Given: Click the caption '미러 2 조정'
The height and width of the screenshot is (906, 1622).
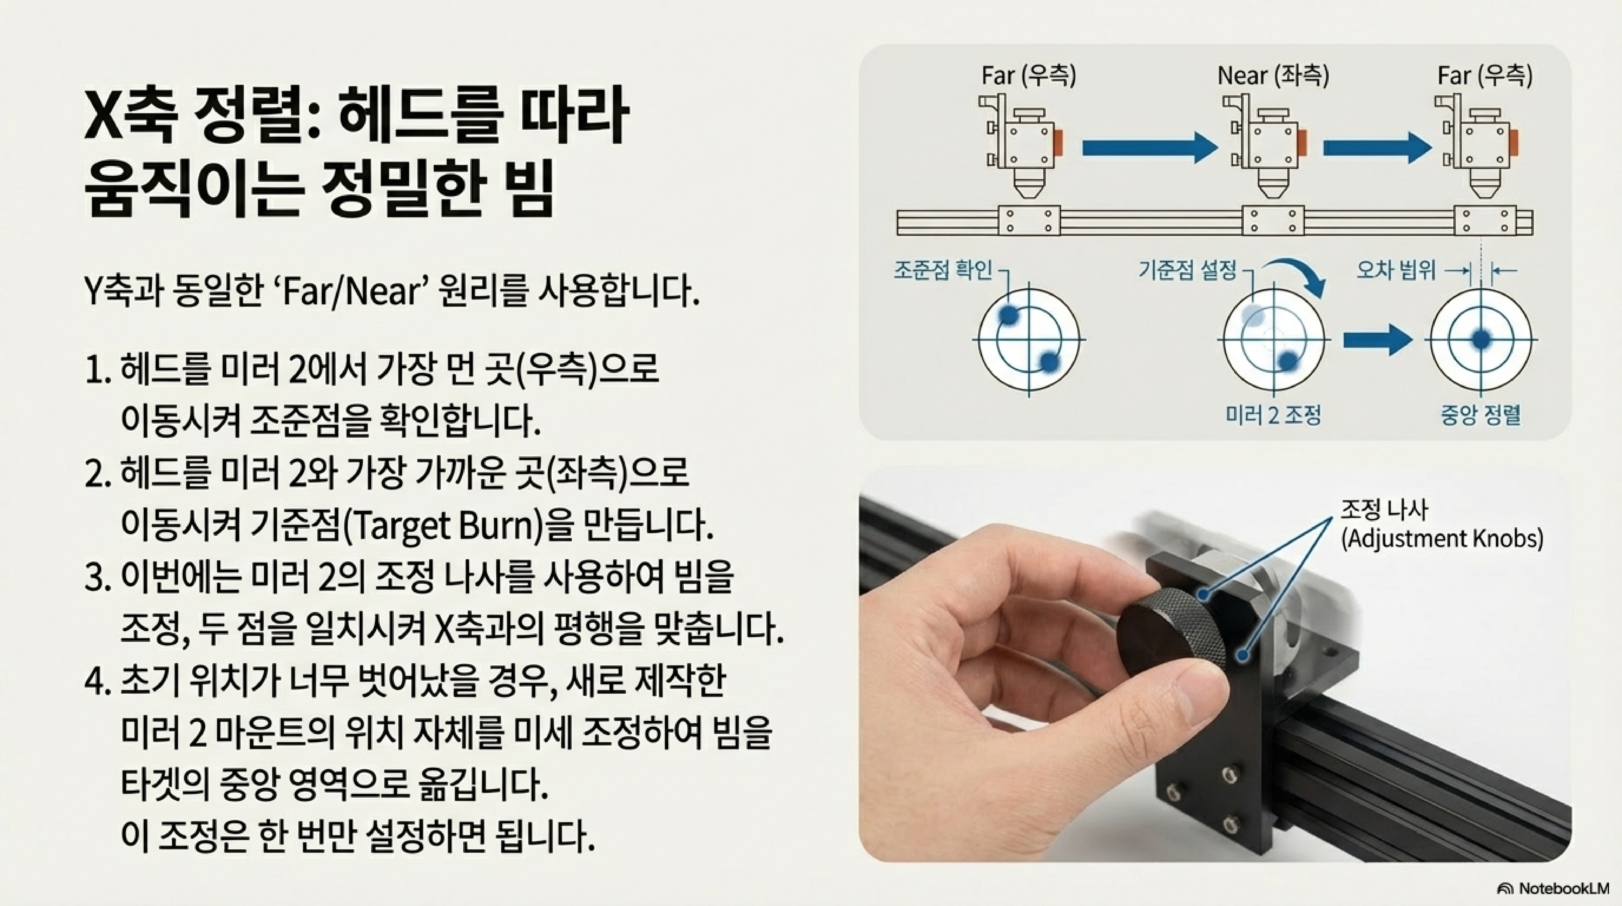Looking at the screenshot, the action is [1273, 415].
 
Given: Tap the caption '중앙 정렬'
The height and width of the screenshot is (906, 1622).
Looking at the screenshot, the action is [1481, 415].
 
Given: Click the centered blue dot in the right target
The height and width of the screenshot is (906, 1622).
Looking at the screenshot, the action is [1481, 339].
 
